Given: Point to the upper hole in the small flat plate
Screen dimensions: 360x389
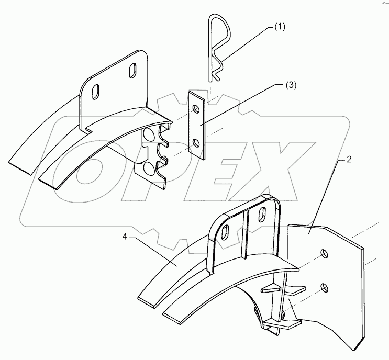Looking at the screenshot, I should (196, 109).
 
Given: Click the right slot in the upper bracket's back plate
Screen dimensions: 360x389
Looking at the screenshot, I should (132, 70).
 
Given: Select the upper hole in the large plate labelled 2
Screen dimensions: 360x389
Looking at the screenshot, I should (325, 254).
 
